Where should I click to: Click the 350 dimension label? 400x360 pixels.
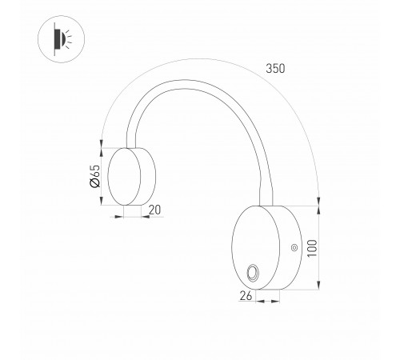click(275, 69)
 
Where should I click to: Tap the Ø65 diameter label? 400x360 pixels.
click(95, 176)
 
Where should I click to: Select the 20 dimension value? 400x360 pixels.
click(155, 210)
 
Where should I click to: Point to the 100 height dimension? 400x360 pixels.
click(312, 248)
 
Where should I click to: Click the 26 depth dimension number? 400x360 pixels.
click(246, 296)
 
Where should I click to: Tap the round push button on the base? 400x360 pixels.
click(252, 273)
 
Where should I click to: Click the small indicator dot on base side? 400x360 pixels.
click(294, 248)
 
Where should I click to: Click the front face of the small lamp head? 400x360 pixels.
click(124, 177)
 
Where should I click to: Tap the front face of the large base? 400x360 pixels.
click(255, 247)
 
